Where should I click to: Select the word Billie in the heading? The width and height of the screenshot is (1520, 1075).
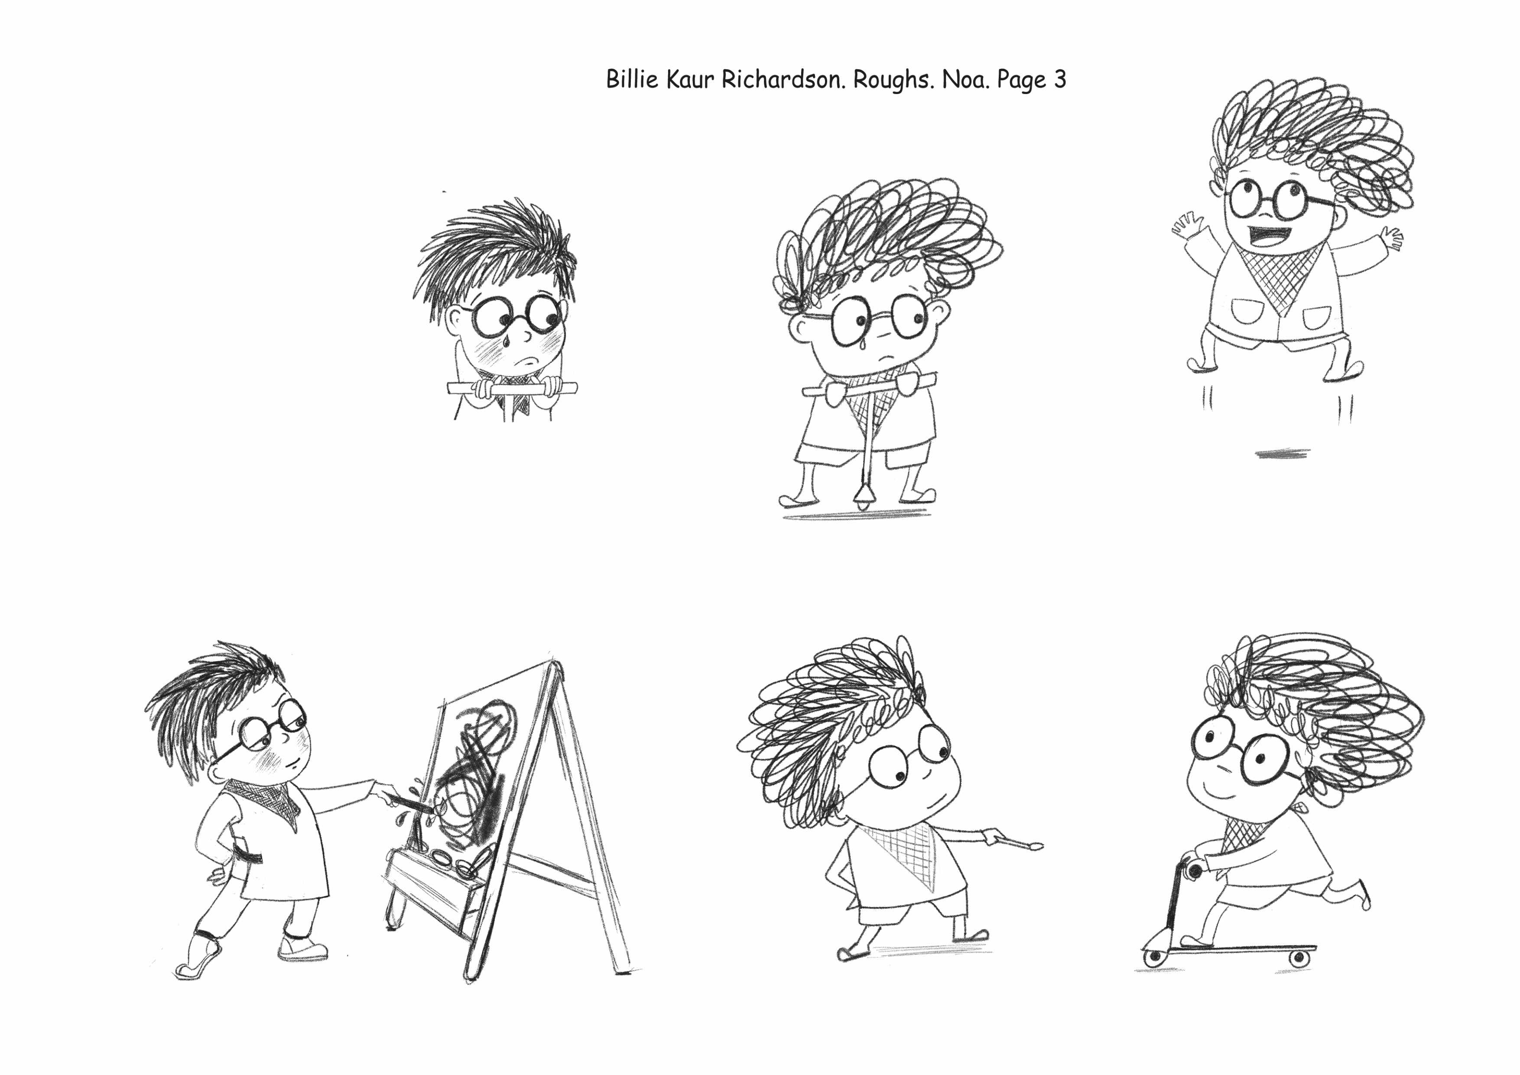[x=632, y=79]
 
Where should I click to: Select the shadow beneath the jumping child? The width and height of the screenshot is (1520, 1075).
[x=1282, y=453]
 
